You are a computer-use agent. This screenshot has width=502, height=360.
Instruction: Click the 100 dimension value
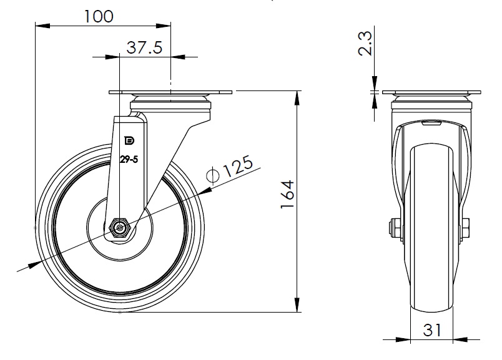click(99, 16)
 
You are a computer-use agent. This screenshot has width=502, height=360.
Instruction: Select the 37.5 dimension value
click(144, 47)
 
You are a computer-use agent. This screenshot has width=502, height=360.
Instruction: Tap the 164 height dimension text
click(287, 194)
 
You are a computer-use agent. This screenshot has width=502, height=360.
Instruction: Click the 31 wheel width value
click(432, 330)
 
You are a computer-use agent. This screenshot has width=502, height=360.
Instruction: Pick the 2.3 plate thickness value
click(365, 44)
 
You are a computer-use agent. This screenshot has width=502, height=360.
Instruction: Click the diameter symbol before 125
click(213, 175)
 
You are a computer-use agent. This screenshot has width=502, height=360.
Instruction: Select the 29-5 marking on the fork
click(129, 159)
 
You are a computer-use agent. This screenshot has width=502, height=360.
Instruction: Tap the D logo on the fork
click(129, 140)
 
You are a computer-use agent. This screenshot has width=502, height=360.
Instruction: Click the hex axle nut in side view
click(119, 228)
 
